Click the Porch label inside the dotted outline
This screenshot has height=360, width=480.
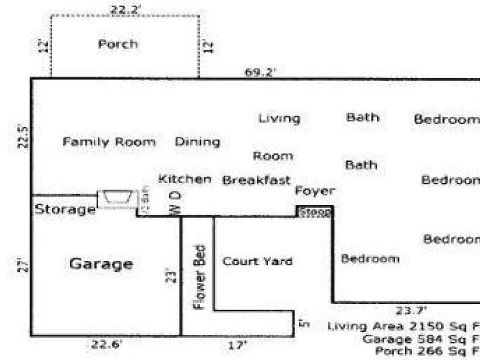[x=118, y=44]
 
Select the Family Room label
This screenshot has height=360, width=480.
[x=109, y=142]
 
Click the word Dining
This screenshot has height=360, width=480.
[x=197, y=142]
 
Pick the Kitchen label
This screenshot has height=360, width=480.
[x=184, y=179]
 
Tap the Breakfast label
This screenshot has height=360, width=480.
[x=256, y=181]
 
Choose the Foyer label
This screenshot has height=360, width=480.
[x=314, y=191]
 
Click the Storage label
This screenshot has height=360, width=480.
[x=65, y=210]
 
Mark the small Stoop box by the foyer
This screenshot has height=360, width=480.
[x=314, y=212]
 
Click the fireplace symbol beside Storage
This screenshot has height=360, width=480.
[x=118, y=199]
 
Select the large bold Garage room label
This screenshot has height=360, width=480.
[x=101, y=264]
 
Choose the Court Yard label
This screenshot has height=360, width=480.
[x=257, y=261]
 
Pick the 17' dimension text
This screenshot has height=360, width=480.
[x=238, y=345]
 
